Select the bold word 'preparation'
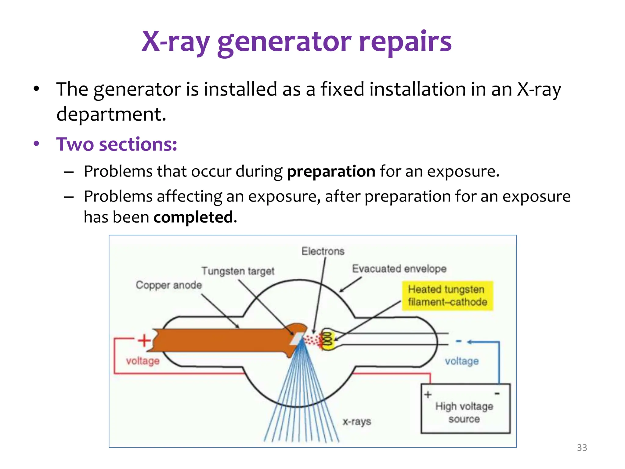(331, 171)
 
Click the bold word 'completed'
(193, 217)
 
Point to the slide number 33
(582, 448)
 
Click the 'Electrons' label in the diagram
(323, 251)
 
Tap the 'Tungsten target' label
(238, 271)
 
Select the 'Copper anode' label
(169, 285)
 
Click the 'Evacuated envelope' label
(399, 269)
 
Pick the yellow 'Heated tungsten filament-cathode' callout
(447, 296)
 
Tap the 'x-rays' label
(356, 422)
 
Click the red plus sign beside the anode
(144, 340)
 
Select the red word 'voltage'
(143, 361)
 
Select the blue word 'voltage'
(461, 361)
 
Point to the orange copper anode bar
(220, 340)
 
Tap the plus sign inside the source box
(428, 394)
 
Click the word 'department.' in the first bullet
(111, 114)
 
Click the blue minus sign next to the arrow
(458, 341)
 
